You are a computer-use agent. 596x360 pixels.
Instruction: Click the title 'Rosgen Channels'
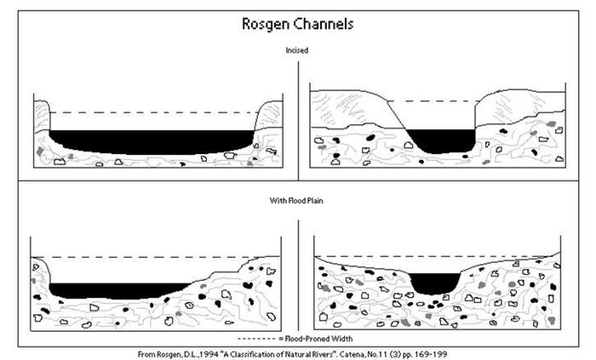[x=297, y=24]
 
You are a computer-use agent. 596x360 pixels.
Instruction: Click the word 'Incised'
[x=297, y=50]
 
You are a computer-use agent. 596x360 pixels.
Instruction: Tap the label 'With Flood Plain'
[x=297, y=202]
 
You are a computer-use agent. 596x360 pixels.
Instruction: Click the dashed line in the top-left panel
[x=153, y=112]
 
